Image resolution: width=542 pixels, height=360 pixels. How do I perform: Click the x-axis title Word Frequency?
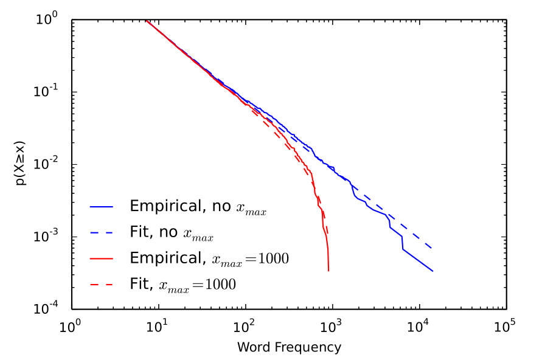click(289, 348)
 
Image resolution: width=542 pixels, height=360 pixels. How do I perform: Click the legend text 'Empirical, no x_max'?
click(198, 207)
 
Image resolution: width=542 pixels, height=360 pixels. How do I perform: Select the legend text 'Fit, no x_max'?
click(172, 232)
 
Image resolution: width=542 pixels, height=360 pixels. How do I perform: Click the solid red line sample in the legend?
click(102, 258)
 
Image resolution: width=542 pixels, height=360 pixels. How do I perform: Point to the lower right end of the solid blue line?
click(433, 271)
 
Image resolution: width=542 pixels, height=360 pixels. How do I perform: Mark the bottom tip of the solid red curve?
click(328, 271)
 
